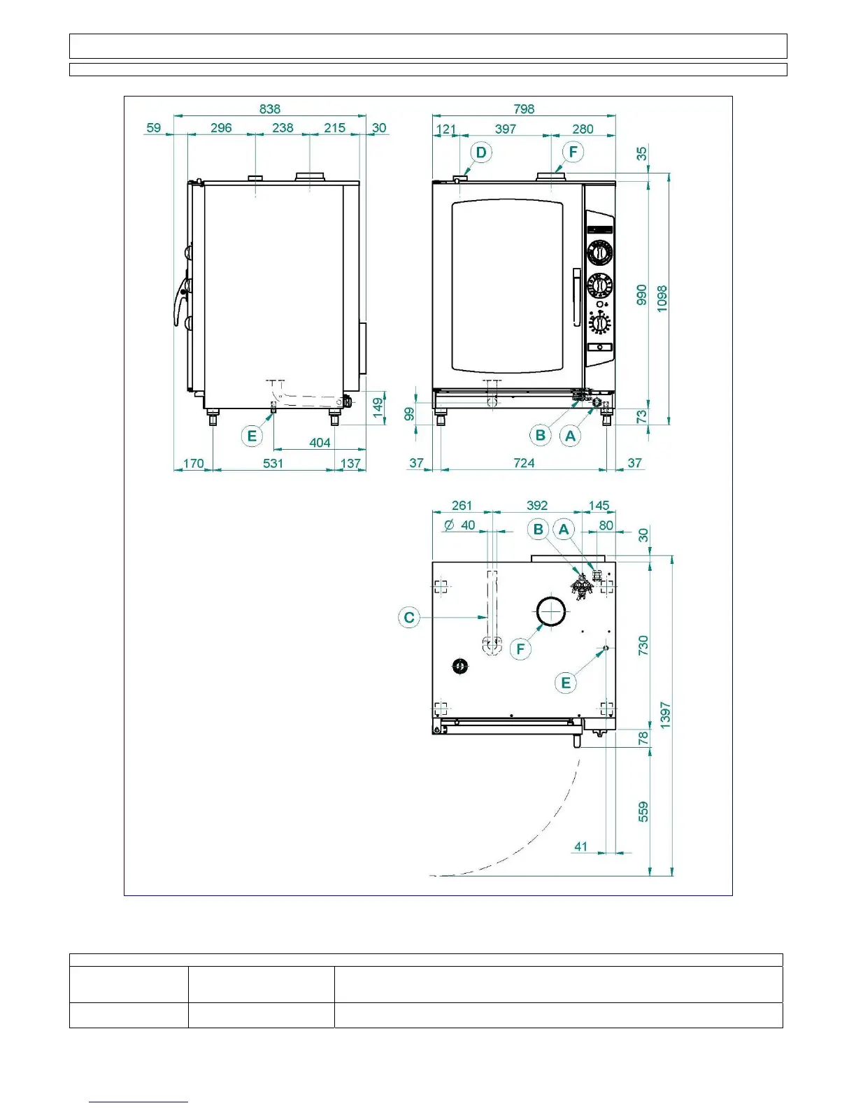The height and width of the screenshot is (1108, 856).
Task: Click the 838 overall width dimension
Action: click(269, 109)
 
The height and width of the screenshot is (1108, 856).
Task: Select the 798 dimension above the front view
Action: click(524, 109)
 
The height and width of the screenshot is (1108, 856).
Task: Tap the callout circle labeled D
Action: click(481, 152)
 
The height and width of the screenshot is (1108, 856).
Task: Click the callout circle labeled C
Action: click(409, 618)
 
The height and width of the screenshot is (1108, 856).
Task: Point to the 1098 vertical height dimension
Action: click(662, 299)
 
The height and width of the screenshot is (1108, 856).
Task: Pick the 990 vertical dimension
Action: click(642, 294)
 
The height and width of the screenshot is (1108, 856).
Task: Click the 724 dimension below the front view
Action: click(524, 462)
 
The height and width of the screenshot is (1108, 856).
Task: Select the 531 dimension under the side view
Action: click(273, 463)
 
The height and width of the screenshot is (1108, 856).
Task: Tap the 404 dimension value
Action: click(320, 443)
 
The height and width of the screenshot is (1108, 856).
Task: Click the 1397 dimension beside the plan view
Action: click(665, 716)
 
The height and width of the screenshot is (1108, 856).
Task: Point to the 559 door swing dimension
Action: click(643, 811)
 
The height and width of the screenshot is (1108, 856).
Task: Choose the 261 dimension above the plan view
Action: click(462, 505)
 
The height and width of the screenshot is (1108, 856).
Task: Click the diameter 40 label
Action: click(460, 525)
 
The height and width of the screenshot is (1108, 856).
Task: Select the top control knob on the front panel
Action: click(600, 252)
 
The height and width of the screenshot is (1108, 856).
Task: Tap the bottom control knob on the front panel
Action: click(600, 323)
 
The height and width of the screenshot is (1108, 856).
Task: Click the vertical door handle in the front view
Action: click(577, 297)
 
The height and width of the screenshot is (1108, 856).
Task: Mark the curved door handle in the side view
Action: click(180, 301)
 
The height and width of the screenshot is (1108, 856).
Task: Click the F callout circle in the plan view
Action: click(520, 649)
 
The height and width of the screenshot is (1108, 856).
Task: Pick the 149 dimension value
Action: click(378, 408)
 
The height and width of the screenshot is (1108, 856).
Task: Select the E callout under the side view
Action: click(252, 436)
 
